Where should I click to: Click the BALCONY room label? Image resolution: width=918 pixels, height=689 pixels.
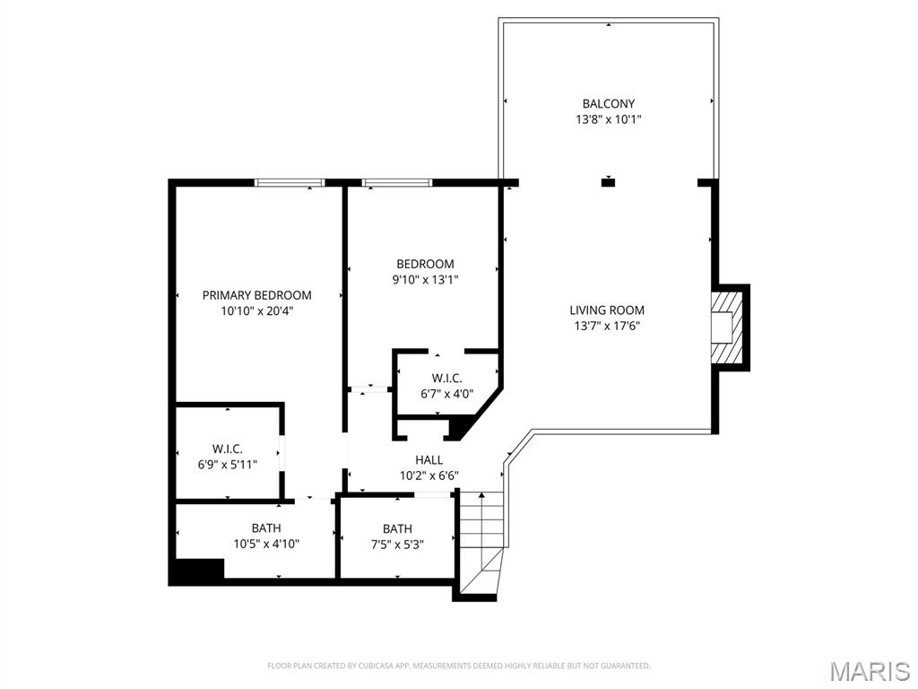pyautogui.click(x=608, y=104)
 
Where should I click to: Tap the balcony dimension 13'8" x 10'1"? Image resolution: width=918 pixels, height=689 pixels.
pyautogui.click(x=608, y=118)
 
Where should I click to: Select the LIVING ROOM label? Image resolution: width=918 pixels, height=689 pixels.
pyautogui.click(x=607, y=310)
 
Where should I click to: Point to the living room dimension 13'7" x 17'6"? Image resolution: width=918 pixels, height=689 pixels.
pyautogui.click(x=607, y=326)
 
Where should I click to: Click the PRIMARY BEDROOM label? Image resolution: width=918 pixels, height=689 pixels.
pyautogui.click(x=256, y=295)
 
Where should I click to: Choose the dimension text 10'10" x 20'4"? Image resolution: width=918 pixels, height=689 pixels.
pyautogui.click(x=256, y=310)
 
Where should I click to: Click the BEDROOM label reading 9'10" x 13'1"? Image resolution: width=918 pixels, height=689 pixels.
pyautogui.click(x=425, y=264)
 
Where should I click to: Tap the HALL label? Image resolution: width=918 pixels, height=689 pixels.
pyautogui.click(x=429, y=459)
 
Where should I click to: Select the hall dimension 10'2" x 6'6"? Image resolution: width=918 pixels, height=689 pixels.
pyautogui.click(x=429, y=475)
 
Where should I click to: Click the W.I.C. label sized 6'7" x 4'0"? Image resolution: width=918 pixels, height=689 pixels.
pyautogui.click(x=446, y=379)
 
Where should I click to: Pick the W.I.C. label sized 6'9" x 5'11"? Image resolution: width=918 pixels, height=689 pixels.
pyautogui.click(x=227, y=449)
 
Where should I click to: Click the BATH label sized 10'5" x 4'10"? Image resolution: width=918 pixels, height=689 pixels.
pyautogui.click(x=265, y=528)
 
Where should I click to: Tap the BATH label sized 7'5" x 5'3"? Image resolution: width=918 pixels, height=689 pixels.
pyautogui.click(x=397, y=528)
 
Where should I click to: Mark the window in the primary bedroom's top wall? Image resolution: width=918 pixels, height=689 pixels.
pyautogui.click(x=289, y=183)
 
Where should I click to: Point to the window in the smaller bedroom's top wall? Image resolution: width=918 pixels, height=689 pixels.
pyautogui.click(x=397, y=183)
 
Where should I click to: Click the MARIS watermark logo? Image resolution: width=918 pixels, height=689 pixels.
pyautogui.click(x=870, y=671)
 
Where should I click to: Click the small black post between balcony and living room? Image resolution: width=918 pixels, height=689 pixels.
pyautogui.click(x=608, y=183)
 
